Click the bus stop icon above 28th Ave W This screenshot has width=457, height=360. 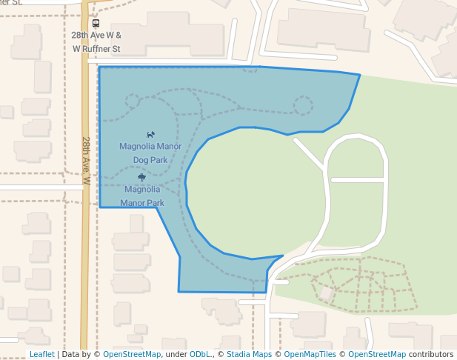click(x=96, y=24)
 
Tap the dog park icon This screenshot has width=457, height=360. click(x=150, y=135)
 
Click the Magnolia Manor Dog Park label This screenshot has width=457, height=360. click(x=150, y=153)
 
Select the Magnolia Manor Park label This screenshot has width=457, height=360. click(x=142, y=196)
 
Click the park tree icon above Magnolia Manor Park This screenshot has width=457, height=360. click(x=141, y=177)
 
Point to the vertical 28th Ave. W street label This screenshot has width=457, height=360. click(x=87, y=160)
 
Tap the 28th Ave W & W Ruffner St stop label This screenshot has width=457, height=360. click(x=96, y=41)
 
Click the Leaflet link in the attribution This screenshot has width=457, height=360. click(x=41, y=354)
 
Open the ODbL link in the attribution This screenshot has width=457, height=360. click(x=200, y=354)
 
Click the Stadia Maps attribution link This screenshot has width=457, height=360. click(x=249, y=354)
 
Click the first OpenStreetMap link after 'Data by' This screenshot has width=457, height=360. click(x=132, y=354)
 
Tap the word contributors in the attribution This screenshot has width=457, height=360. click(x=431, y=354)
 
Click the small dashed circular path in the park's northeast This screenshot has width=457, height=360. click(x=302, y=105)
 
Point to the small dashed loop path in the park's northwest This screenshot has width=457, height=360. click(x=133, y=101)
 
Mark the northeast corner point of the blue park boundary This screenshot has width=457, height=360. click(x=360, y=75)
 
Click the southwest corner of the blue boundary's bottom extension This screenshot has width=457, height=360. click(x=179, y=291)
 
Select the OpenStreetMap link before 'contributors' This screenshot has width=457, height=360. click(x=377, y=354)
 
